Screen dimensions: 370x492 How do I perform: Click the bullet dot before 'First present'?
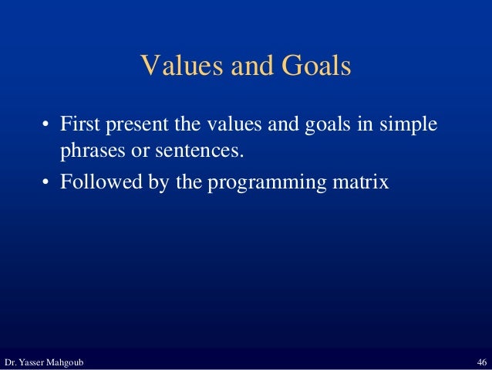pyautogui.click(x=46, y=125)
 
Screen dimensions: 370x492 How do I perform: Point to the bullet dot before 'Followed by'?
pyautogui.click(x=46, y=185)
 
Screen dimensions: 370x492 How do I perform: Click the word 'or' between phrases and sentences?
pyautogui.click(x=140, y=150)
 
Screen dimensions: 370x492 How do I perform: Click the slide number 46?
pyautogui.click(x=481, y=362)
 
